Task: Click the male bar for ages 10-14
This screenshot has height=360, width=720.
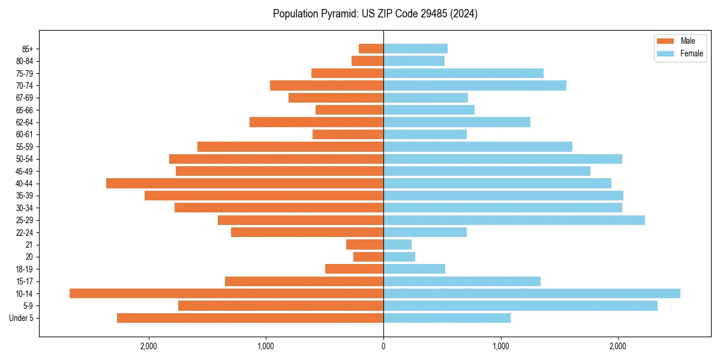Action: click(226, 293)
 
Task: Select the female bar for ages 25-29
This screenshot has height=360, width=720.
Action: click(514, 220)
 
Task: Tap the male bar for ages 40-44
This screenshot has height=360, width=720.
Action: click(245, 183)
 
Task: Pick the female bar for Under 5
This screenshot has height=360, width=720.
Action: click(447, 318)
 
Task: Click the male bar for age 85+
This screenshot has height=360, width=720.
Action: click(371, 49)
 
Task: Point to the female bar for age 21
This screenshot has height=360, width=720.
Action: click(397, 244)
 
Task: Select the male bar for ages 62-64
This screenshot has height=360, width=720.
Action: click(316, 122)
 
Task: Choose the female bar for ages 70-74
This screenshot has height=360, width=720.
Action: click(475, 85)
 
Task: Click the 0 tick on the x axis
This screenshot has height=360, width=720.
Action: click(383, 346)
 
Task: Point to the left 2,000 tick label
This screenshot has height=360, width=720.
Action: click(148, 346)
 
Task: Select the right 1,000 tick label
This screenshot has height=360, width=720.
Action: click(501, 346)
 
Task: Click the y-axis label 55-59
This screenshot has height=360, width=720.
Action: click(25, 146)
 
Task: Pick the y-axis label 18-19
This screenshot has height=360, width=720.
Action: click(25, 269)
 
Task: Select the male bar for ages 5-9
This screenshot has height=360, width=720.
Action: click(281, 305)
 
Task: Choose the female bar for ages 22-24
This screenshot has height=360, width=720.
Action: click(425, 232)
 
